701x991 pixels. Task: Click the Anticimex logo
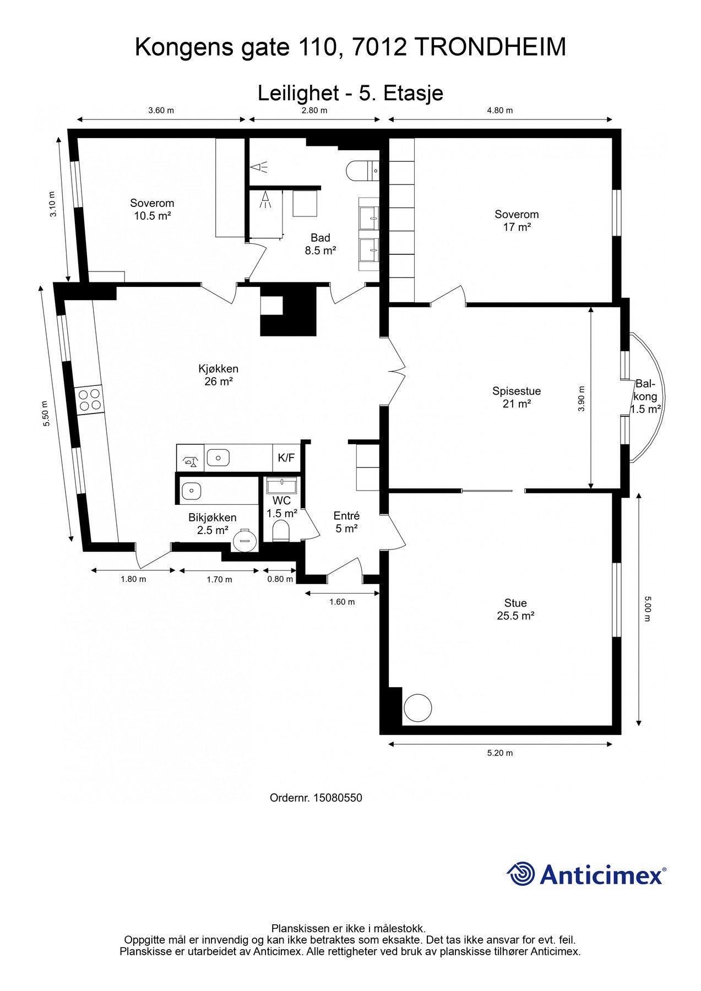(586, 874)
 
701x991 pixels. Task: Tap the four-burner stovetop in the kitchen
(89, 400)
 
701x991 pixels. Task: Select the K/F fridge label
(286, 458)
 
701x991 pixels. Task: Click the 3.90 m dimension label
(582, 399)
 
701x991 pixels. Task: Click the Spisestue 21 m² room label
(517, 398)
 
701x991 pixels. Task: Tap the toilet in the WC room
(281, 531)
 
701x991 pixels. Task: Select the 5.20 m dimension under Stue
(500, 753)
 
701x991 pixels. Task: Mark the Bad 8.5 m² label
(320, 244)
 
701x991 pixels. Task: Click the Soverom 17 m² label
(517, 220)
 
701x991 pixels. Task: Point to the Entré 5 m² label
(346, 522)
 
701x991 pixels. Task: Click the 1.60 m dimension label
(342, 602)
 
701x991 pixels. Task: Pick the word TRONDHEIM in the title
(490, 47)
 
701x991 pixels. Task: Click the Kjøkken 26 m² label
(219, 375)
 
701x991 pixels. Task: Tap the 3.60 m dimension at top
(161, 110)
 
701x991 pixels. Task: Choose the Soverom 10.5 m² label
(152, 209)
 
